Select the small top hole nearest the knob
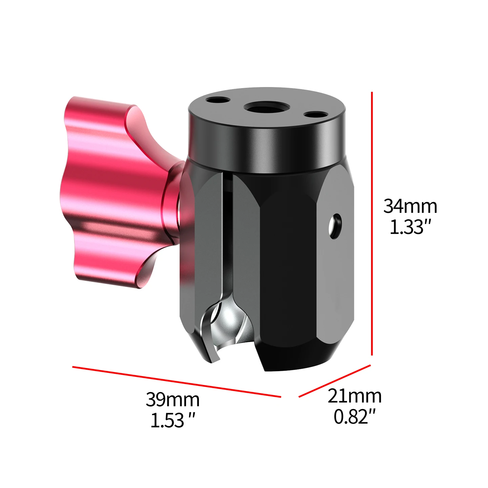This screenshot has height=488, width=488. [218, 100]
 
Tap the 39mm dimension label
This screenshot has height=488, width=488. [172, 400]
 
